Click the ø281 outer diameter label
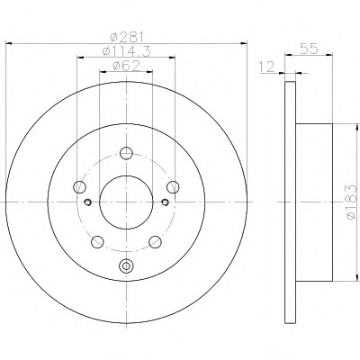point(126,37)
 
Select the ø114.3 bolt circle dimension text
point(126,51)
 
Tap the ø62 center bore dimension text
point(126,66)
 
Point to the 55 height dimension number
point(309,49)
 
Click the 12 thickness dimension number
point(266,67)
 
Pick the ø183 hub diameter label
point(351,202)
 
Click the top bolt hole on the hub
point(126,153)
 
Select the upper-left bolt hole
point(79,187)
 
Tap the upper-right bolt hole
point(173,187)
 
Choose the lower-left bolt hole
point(97,242)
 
